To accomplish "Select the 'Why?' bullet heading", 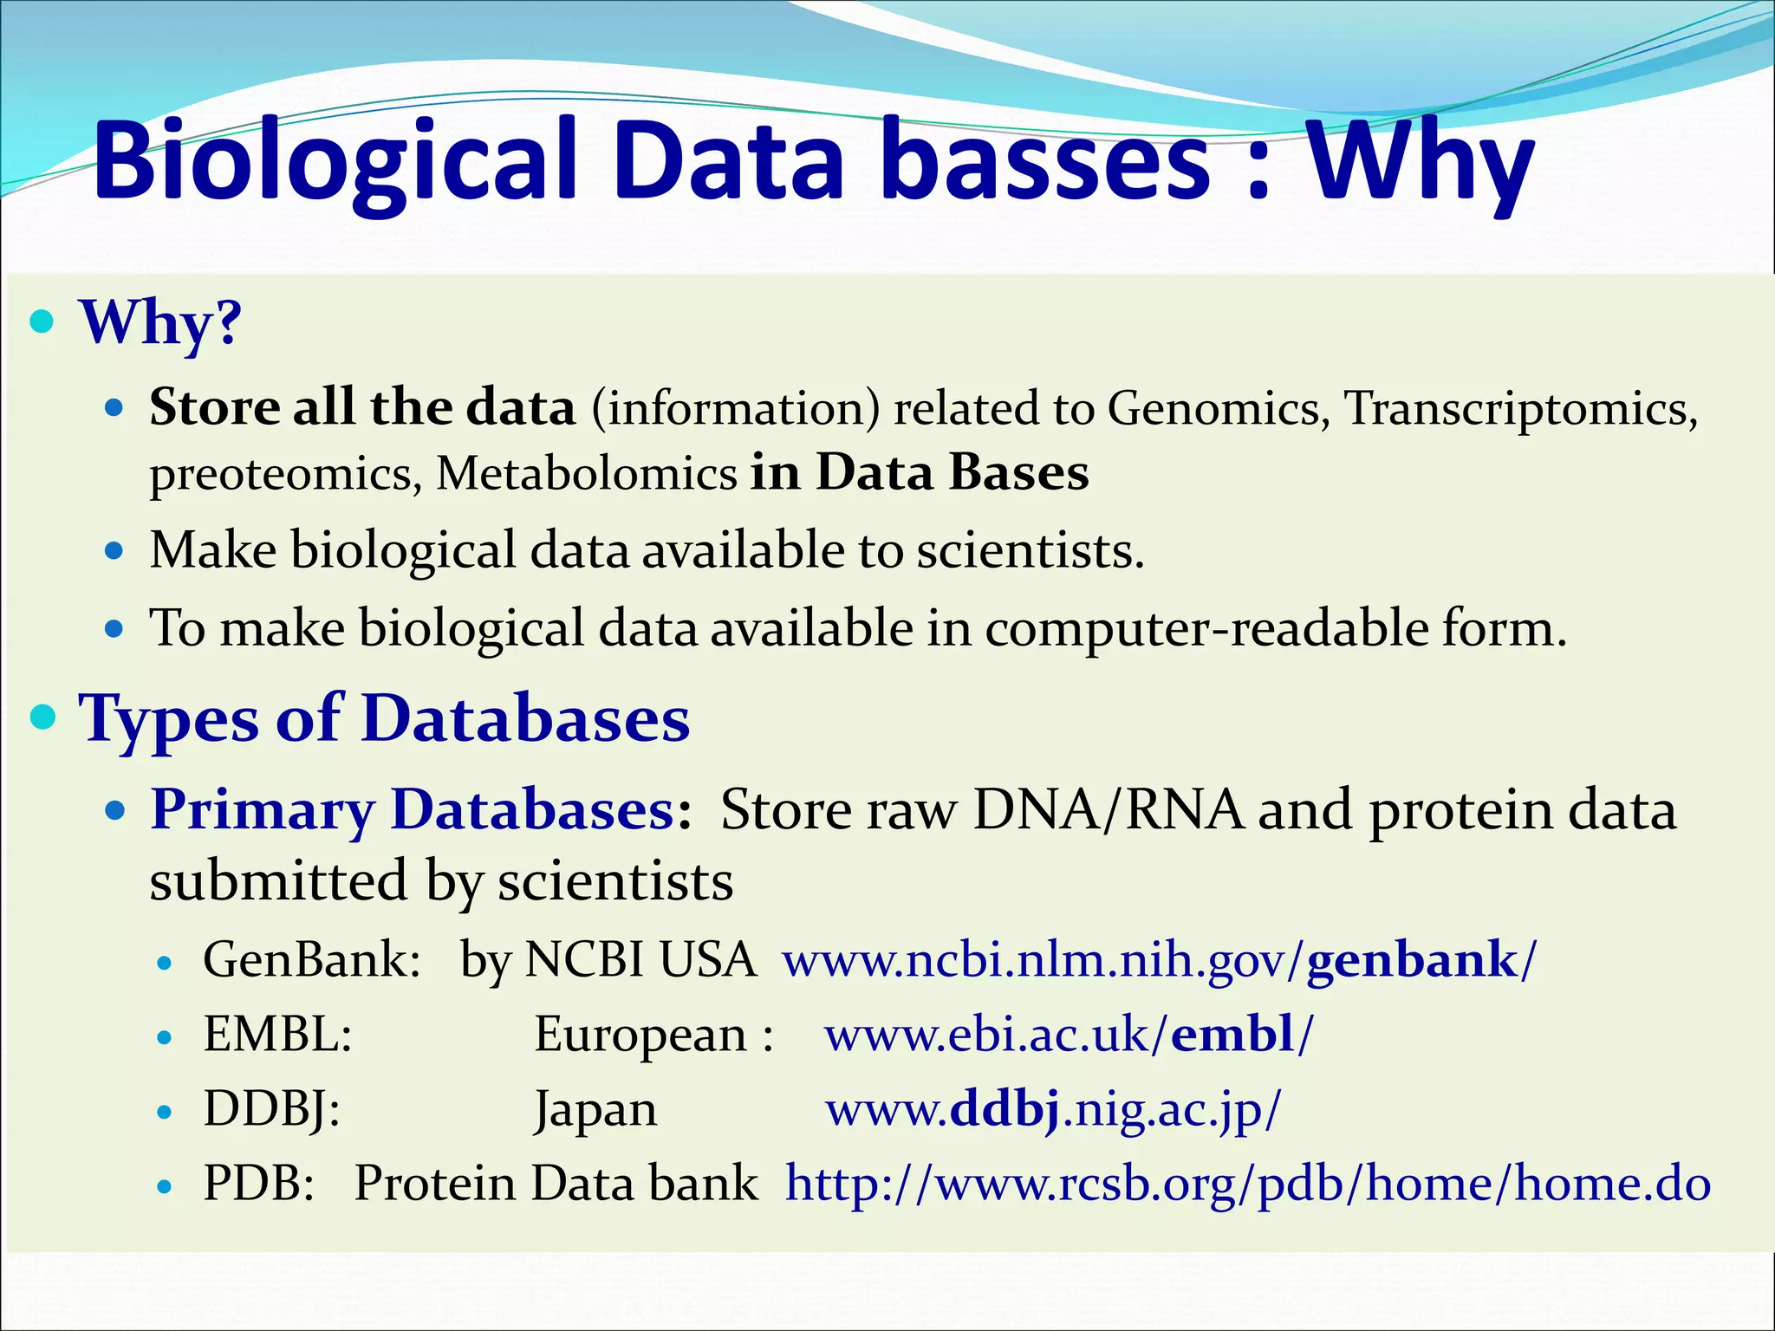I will [x=160, y=322].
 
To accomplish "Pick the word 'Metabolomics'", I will [x=587, y=474].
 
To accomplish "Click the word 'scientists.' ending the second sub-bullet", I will [x=1031, y=551].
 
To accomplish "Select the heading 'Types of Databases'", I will [x=384, y=719].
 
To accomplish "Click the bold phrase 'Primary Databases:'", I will [x=421, y=810].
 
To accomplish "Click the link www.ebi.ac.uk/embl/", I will [x=1069, y=1035].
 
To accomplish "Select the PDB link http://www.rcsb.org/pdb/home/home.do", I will [x=1248, y=1184].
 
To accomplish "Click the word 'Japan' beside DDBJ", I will [x=595, y=1110].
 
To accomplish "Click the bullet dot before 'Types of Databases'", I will [x=42, y=717].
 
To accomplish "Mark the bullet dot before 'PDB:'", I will [x=166, y=1186].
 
